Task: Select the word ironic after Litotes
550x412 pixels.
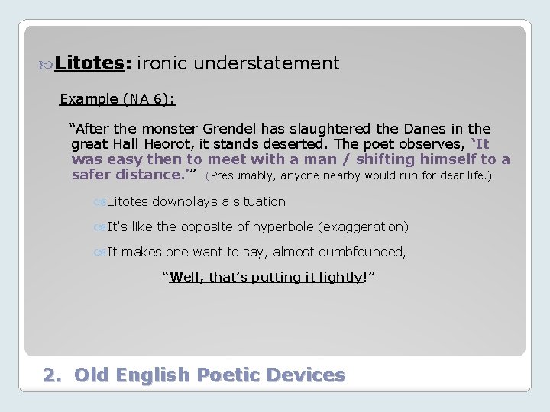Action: (162, 63)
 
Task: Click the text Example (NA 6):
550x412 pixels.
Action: (118, 99)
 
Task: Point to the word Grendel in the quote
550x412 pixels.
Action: (230, 129)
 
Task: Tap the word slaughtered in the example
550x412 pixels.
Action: (332, 129)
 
